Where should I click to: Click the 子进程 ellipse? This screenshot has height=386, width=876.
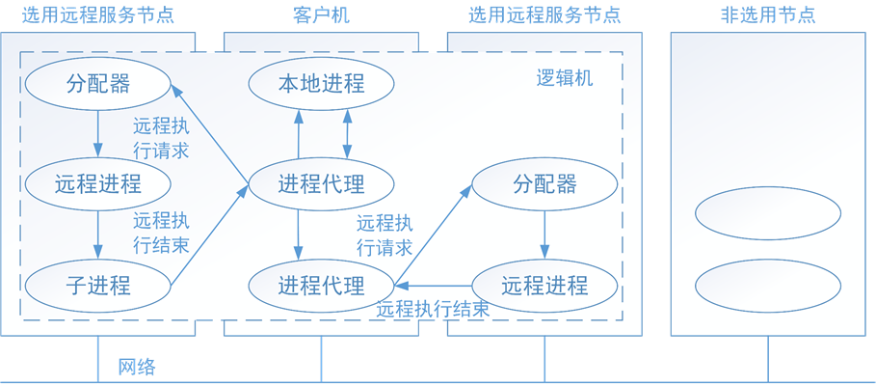[97, 285]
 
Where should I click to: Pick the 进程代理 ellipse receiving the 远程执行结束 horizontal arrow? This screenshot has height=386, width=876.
[321, 286]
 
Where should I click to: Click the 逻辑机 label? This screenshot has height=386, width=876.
[564, 78]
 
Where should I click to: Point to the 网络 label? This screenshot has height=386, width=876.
[137, 367]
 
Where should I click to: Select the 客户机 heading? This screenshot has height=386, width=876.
[321, 15]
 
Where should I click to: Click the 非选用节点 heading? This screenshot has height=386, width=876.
[767, 15]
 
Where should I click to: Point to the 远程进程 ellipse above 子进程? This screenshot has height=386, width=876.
[97, 183]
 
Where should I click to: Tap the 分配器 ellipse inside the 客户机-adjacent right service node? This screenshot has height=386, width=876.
[544, 183]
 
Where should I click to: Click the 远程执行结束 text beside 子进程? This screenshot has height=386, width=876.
[160, 232]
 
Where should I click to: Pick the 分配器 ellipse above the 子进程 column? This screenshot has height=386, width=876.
[97, 84]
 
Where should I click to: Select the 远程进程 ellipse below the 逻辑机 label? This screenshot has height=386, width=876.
[544, 286]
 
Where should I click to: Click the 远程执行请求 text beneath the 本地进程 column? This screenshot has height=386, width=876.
[385, 234]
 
